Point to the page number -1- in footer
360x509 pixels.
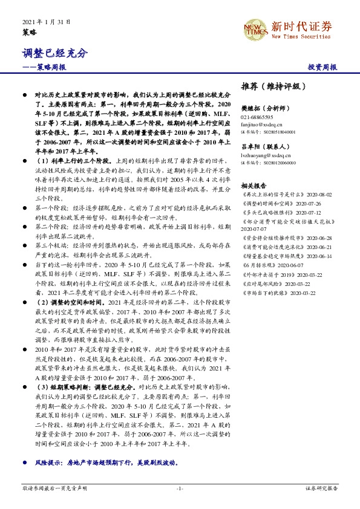coord(180,487)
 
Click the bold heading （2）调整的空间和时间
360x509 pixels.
coord(68,301)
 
